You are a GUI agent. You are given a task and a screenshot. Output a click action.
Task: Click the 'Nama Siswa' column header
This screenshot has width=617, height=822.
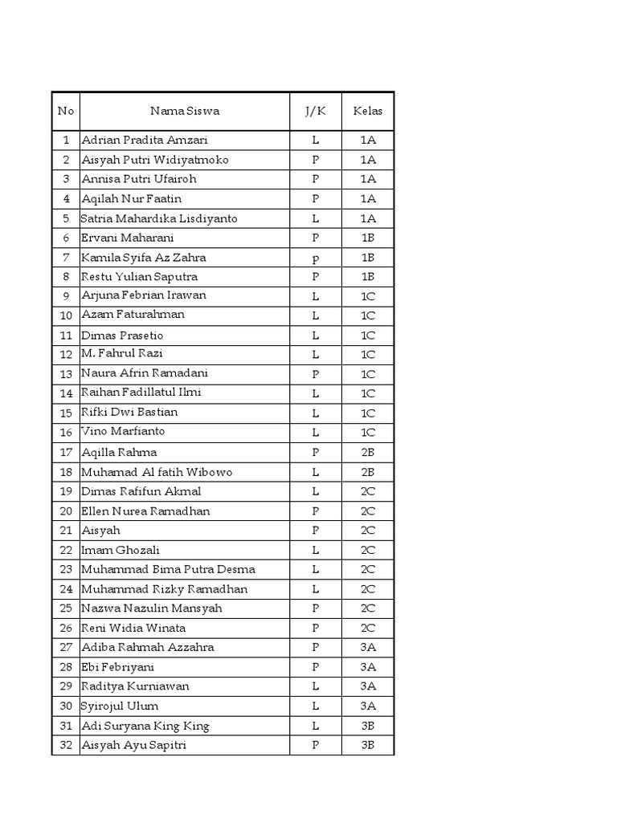185,111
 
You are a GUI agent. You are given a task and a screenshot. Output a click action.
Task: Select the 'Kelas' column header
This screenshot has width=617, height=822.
368,111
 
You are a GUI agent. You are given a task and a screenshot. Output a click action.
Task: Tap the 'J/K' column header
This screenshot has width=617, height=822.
316,111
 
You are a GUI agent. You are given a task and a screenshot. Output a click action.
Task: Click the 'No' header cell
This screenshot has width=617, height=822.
66,111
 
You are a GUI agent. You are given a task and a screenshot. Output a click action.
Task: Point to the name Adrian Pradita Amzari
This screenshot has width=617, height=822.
145,140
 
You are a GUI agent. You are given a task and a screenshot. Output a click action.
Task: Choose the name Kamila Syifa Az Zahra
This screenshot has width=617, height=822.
144,258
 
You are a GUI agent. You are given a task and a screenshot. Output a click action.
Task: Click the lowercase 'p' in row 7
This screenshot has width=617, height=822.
316,258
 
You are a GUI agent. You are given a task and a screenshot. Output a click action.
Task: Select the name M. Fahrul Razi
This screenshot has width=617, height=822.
123,354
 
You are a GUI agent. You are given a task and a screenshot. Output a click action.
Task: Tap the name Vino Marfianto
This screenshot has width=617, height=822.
124,432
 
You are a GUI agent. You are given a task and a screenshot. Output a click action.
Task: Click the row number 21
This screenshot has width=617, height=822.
66,531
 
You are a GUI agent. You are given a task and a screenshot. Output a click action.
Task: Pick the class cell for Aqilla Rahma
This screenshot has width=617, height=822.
368,453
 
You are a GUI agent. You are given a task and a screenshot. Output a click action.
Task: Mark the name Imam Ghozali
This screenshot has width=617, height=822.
121,550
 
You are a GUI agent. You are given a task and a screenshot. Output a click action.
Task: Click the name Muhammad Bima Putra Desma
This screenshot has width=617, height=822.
169,570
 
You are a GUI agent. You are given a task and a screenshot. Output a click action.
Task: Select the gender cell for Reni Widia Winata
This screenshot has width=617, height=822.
316,628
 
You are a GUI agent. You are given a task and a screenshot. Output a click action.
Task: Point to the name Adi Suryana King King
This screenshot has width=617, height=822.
145,726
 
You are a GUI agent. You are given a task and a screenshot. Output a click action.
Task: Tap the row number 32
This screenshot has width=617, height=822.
66,746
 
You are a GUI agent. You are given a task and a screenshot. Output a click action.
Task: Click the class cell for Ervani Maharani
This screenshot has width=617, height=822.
368,238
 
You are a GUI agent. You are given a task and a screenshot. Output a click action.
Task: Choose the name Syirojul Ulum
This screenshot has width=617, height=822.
120,706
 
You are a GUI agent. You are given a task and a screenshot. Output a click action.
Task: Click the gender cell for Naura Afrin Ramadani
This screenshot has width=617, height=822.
316,374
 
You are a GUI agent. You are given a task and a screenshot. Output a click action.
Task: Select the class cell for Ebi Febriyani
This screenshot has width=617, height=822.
368,667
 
